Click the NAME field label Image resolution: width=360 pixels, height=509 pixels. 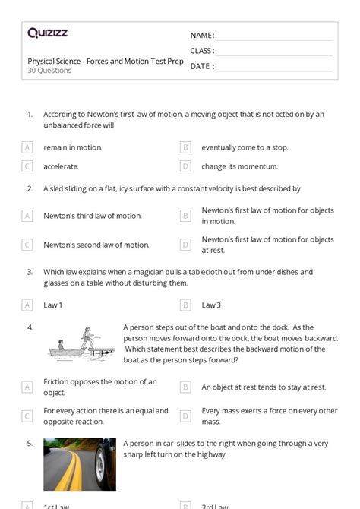coord(202,36)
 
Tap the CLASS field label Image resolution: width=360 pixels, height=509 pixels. coord(202,51)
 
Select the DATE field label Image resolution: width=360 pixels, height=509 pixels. coord(201,66)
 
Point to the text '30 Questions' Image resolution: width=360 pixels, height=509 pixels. coord(49,71)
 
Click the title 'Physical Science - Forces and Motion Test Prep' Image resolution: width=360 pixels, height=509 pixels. coord(106,62)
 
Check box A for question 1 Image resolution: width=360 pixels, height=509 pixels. coord(27,147)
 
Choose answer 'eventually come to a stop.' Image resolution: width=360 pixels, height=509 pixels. coord(245,147)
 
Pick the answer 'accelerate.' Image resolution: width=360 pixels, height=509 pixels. coord(61,166)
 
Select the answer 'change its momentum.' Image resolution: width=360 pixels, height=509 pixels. coord(239,166)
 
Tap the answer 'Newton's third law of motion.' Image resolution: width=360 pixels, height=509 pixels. coord(93,216)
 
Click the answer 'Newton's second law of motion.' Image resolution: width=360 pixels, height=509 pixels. coord(96,245)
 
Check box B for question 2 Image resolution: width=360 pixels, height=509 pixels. coord(185,216)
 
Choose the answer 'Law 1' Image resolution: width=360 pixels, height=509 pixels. coord(53,305)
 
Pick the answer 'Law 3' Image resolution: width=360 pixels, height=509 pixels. coord(211,305)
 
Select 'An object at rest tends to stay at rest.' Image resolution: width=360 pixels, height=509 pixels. coord(264,387)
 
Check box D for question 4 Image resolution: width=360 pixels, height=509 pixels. coord(185,416)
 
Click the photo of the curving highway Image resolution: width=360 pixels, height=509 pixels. coord(80,463)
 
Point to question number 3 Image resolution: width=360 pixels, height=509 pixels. coord(30,272)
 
